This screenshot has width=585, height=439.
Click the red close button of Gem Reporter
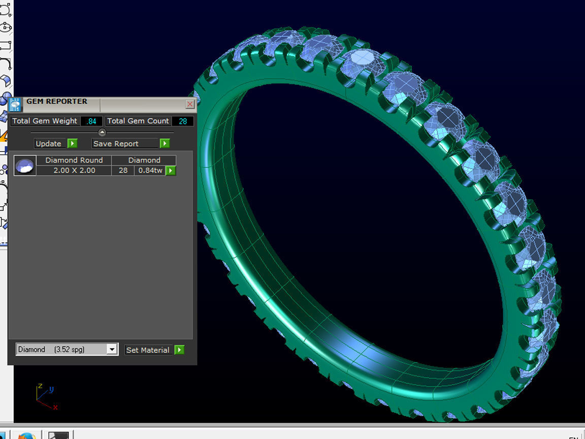[190, 104]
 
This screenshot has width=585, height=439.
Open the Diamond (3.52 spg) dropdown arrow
[112, 350]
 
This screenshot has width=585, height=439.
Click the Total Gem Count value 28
[183, 121]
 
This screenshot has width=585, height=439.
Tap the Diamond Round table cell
[74, 160]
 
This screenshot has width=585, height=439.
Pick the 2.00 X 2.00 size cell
[74, 170]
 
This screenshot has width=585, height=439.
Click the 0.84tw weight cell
[150, 170]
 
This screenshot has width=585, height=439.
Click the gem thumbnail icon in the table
[25, 166]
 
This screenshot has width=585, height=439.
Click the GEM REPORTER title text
[57, 102]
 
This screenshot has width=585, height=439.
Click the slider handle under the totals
[102, 132]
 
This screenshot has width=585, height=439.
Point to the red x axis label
[55, 407]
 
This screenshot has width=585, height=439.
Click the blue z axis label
[40, 386]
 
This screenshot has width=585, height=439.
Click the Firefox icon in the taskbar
[26, 435]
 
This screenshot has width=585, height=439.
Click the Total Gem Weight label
[45, 121]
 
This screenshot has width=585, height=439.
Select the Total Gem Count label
[138, 121]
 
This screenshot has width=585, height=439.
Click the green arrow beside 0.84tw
[171, 171]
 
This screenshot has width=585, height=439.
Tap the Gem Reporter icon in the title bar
[16, 104]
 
